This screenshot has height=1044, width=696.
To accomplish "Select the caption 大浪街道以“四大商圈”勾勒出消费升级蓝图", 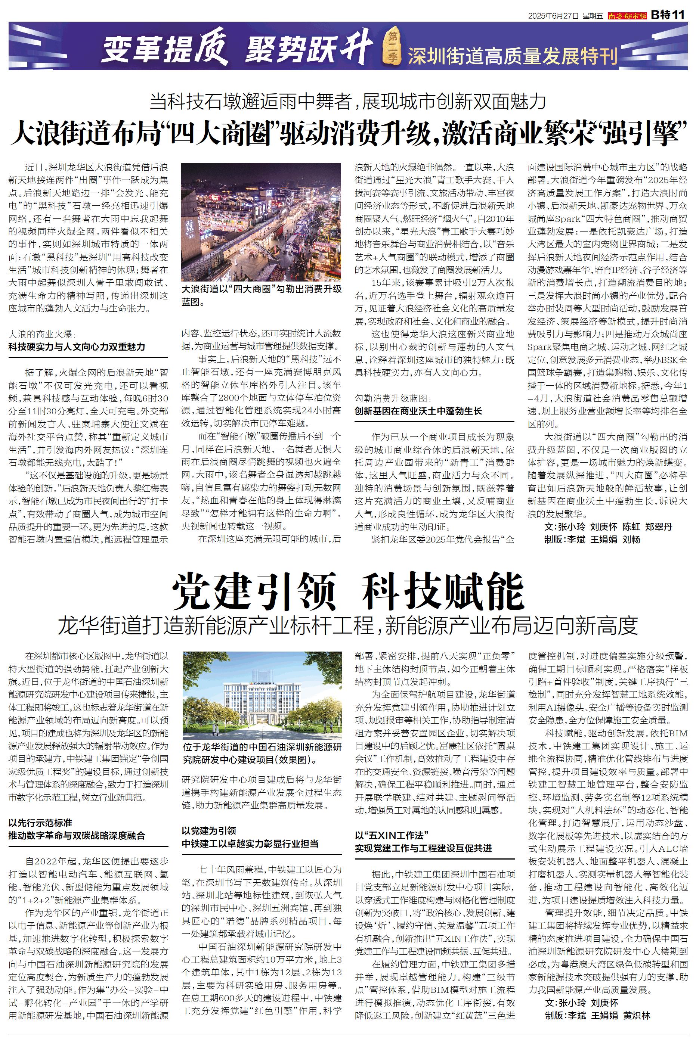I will [x=262, y=295].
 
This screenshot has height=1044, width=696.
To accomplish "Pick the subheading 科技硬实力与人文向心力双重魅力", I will [x=77, y=347].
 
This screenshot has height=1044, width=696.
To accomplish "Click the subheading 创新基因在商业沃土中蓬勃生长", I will [x=418, y=411].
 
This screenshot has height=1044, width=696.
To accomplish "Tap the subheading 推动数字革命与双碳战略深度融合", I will [x=77, y=836].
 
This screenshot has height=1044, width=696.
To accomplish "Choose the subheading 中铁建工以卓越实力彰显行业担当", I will [x=250, y=843].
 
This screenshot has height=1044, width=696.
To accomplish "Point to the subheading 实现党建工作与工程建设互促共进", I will [x=423, y=848].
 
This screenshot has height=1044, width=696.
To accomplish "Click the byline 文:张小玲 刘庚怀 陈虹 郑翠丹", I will [x=608, y=526].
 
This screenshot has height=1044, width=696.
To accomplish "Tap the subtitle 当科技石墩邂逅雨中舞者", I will [x=253, y=102].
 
